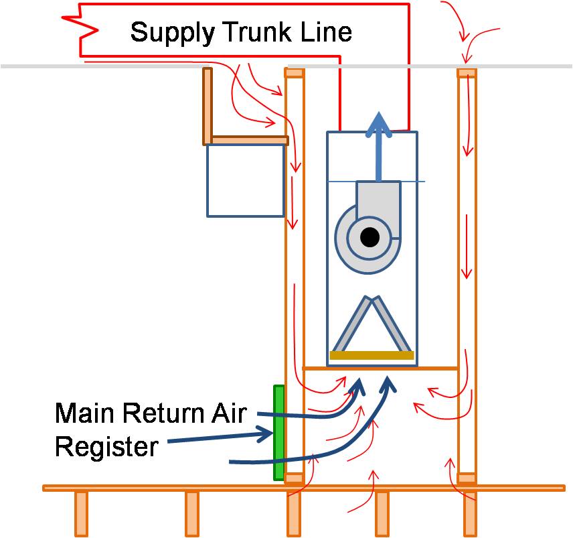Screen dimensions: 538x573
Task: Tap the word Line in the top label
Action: point(328,31)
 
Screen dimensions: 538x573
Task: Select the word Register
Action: point(106,446)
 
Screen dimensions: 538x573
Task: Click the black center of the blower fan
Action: point(369,237)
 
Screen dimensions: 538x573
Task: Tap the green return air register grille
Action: point(279,432)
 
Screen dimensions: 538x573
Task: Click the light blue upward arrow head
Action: point(380,124)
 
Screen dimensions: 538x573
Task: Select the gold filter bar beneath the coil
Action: point(372,355)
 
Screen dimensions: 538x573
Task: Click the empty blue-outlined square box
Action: point(245,180)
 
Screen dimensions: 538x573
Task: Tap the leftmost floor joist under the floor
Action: point(81,513)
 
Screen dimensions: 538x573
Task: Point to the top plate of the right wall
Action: point(467,73)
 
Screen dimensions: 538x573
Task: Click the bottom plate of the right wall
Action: point(467,478)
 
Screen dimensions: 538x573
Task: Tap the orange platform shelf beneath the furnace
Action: point(380,368)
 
